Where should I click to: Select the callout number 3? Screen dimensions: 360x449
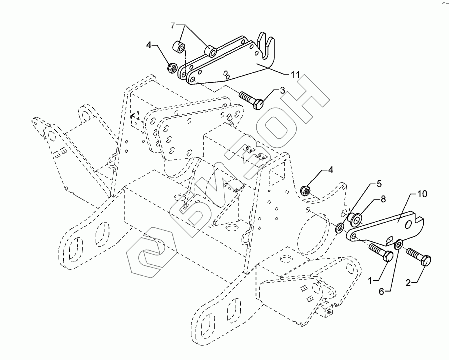[282, 90]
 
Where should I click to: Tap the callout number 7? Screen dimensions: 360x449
[173, 25]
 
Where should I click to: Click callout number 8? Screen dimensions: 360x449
[383, 199]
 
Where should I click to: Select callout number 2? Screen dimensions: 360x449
[408, 282]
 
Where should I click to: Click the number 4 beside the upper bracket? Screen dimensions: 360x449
[149, 46]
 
